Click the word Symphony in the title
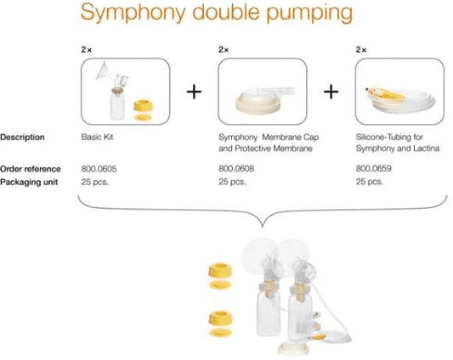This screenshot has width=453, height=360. pos(133,13)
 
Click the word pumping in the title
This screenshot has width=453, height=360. pos(309,13)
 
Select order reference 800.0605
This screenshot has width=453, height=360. pos(99,169)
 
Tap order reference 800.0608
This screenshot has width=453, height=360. pos(236,169)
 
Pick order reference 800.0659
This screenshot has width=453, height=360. pos(374,169)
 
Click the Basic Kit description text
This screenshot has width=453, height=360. pos(97,137)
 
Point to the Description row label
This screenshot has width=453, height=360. pos(22,138)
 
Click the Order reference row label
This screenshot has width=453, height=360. pos(31,169)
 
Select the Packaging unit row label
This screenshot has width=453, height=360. pos(29,183)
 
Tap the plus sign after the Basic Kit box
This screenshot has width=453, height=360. pos(194,92)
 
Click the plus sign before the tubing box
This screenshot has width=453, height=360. pos(331,92)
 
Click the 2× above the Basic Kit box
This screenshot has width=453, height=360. pos(87,49)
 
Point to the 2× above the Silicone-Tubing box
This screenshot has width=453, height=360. pos(361,49)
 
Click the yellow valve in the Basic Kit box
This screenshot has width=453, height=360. pos(143,105)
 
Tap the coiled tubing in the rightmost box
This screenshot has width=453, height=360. pos(402,100)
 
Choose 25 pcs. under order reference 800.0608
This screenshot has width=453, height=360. pos(232,182)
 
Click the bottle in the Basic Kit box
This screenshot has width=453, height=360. pos(117,104)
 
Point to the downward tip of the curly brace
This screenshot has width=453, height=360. pos(263,227)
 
